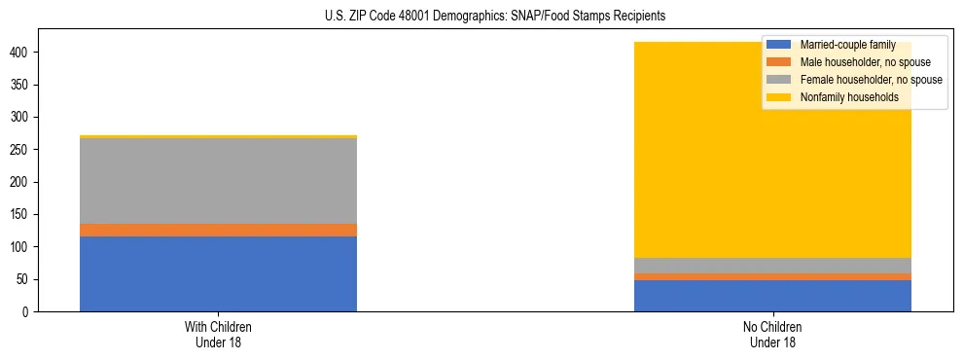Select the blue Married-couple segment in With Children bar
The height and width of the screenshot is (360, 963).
(218, 273)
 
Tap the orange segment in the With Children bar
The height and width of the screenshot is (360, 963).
(218, 230)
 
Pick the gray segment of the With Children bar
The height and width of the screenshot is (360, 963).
(218, 181)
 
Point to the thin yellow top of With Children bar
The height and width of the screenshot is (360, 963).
(218, 136)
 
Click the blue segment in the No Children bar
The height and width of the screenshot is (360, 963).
(772, 296)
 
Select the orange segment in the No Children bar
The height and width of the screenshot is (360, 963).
(772, 276)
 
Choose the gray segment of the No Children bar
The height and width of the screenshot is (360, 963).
(772, 266)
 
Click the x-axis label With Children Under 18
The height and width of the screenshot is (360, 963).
(218, 334)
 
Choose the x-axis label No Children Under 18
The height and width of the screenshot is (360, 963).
(772, 334)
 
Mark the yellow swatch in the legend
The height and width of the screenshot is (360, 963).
(779, 97)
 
